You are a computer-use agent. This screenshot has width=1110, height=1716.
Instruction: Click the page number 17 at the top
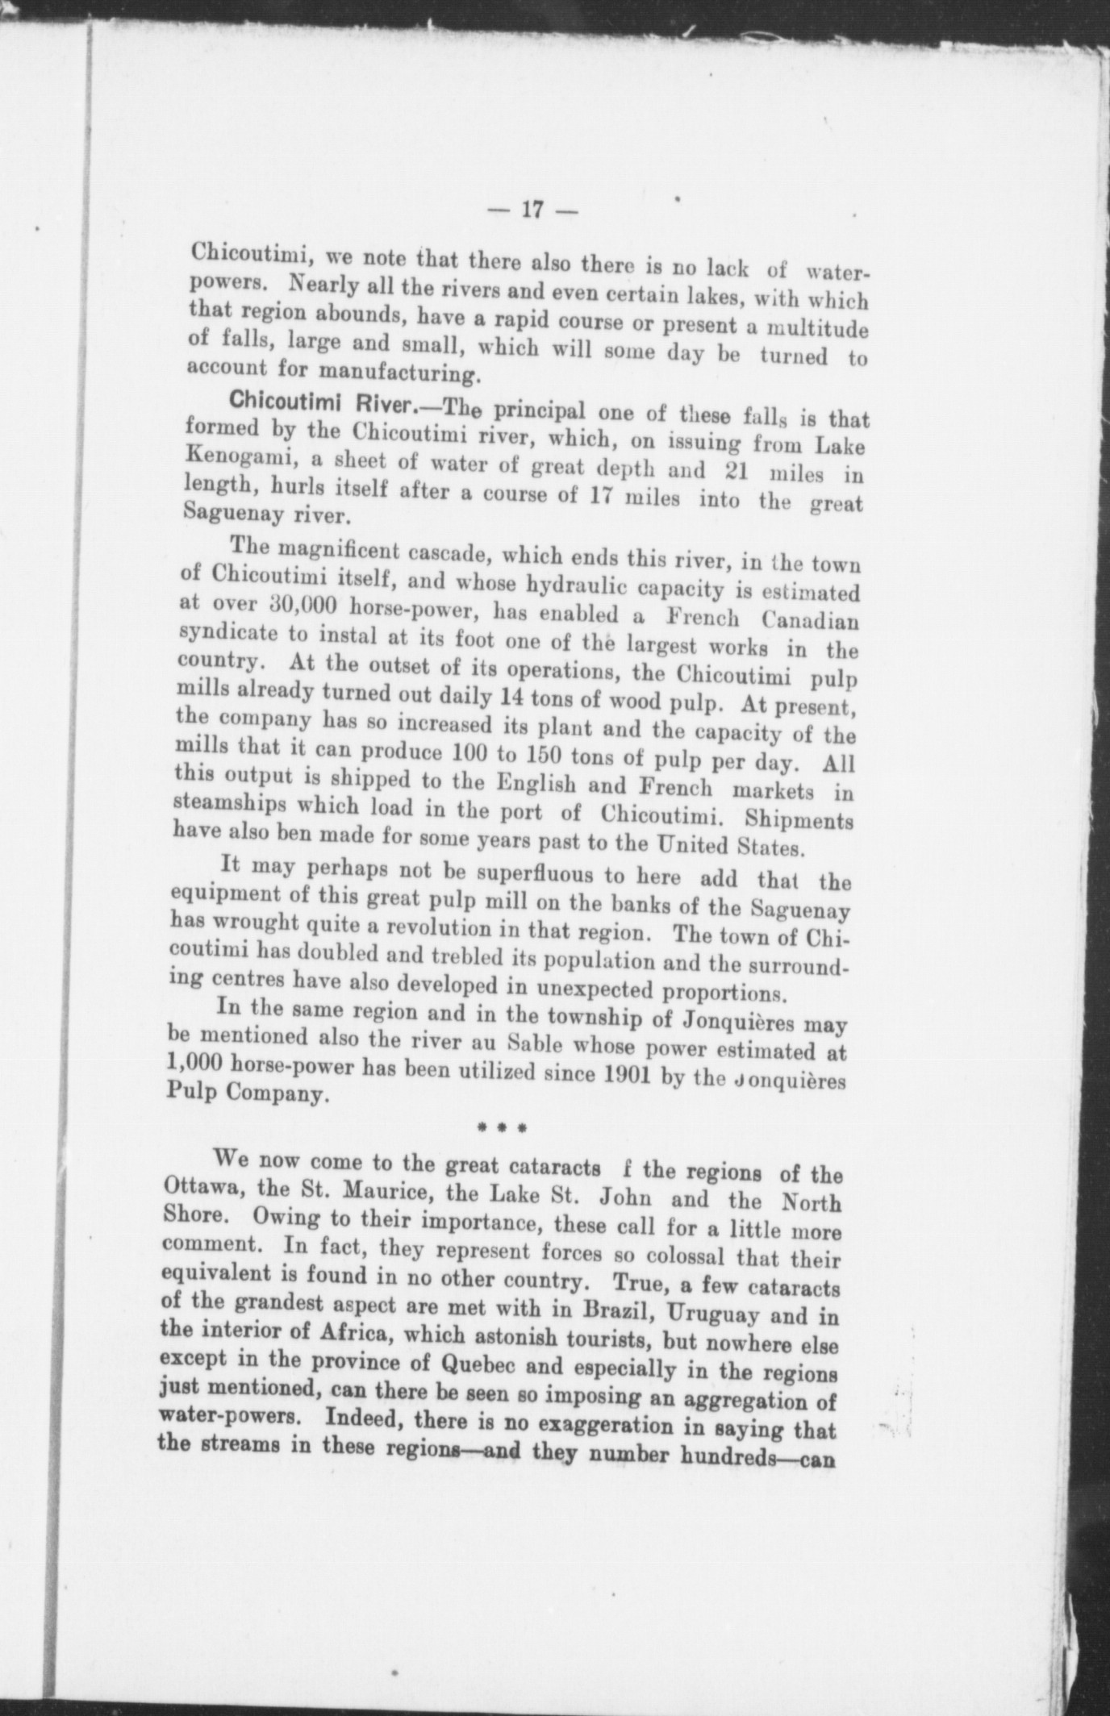coord(532,210)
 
